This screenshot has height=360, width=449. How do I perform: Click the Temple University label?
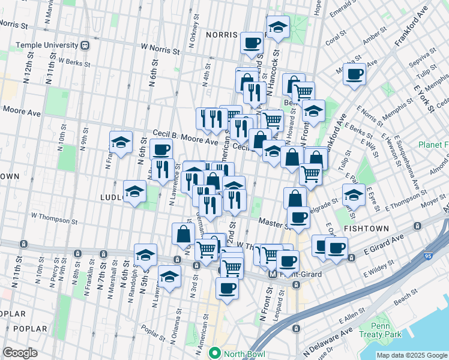point(47,45)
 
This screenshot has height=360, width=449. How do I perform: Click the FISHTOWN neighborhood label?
point(366,229)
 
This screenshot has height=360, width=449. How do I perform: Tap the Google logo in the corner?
point(20,353)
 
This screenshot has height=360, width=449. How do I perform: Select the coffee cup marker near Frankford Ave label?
point(354,74)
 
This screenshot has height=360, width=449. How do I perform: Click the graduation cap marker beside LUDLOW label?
point(135,191)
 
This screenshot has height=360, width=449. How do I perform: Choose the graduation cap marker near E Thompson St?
point(353,194)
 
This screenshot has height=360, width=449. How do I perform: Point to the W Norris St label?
point(160,49)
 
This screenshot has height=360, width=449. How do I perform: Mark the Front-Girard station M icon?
point(273,274)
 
